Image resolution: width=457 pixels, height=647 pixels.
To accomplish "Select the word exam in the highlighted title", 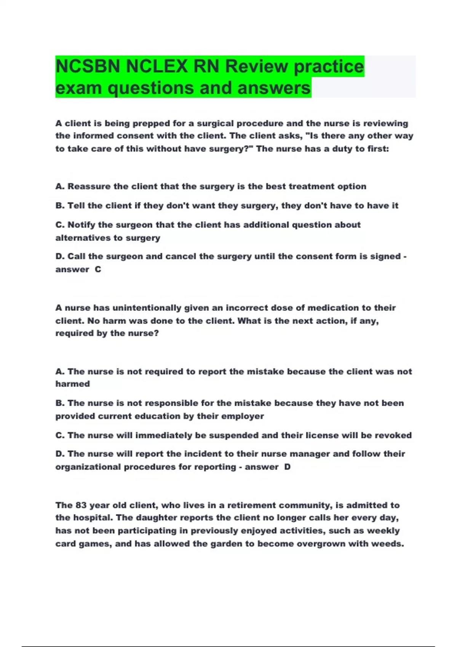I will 78,88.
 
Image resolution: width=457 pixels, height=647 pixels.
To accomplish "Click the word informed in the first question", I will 93,136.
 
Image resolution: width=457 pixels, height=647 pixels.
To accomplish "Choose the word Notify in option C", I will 81,225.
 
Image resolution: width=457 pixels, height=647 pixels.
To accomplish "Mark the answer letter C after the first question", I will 98,269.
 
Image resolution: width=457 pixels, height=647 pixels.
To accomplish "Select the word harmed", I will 73,384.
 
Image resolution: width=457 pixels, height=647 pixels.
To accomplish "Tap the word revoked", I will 393,435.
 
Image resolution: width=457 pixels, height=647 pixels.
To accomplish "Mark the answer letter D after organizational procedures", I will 287,467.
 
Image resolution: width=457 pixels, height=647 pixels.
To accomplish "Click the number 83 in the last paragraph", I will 81,505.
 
